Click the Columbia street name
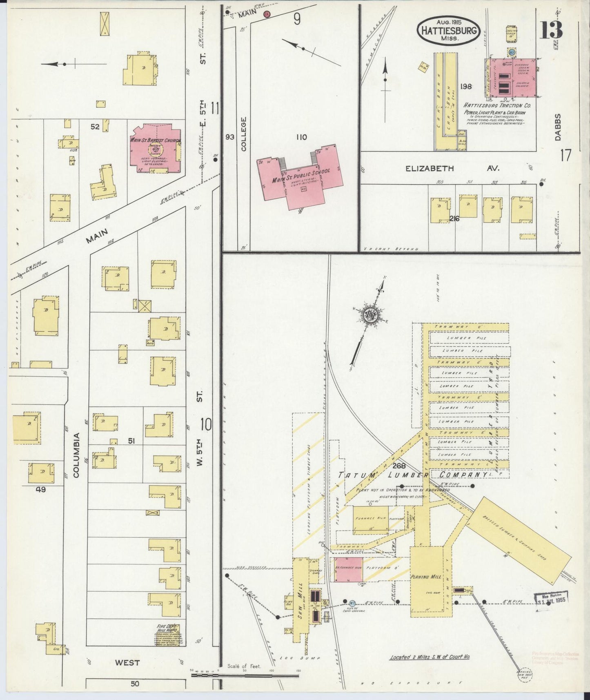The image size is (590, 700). click(77, 455)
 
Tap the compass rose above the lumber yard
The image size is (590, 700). click(370, 315)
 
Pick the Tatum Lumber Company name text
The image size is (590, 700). click(412, 475)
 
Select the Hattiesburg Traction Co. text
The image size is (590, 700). click(494, 105)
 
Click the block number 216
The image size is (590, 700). click(454, 219)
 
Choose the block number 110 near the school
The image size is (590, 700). click(301, 138)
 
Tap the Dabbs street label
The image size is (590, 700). click(558, 127)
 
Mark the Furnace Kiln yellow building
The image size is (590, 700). click(370, 519)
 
